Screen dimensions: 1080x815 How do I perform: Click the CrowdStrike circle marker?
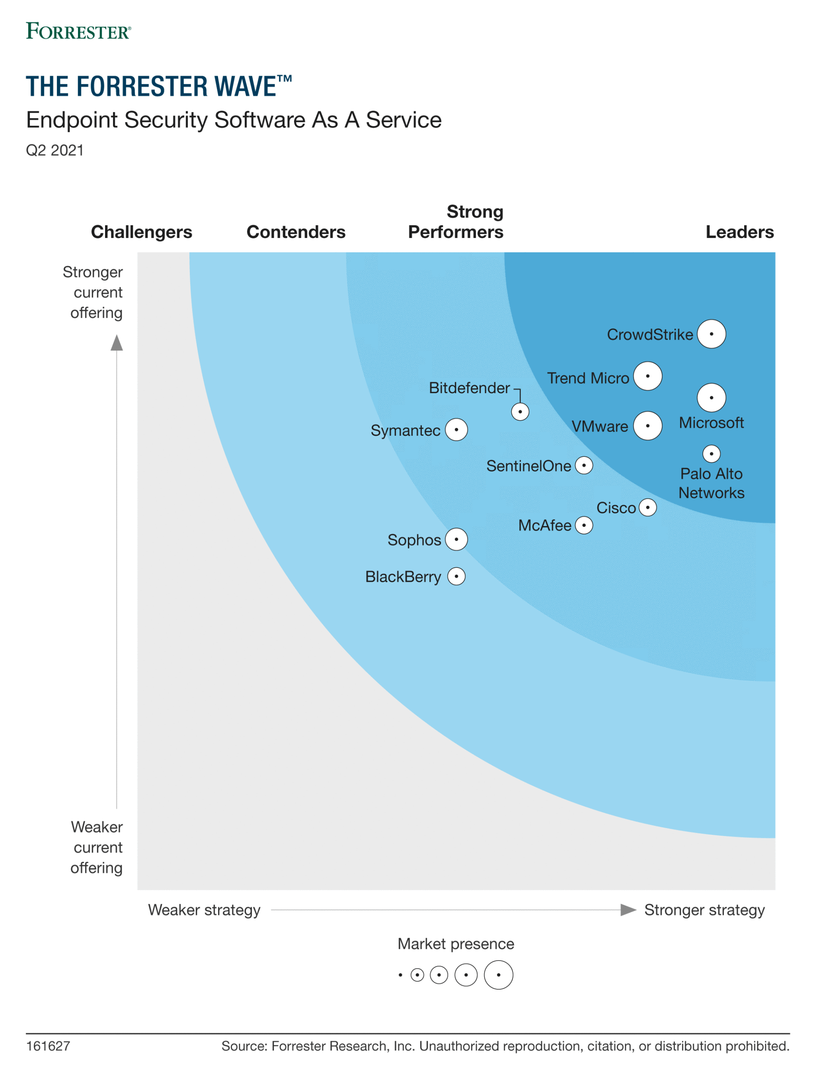pyautogui.click(x=711, y=334)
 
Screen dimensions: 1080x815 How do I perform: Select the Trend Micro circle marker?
pyautogui.click(x=648, y=376)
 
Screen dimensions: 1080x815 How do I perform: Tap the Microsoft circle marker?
pyautogui.click(x=711, y=397)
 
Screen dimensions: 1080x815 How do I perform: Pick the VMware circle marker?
pyautogui.click(x=648, y=426)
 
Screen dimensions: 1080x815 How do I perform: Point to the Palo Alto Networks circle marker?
pyautogui.click(x=711, y=454)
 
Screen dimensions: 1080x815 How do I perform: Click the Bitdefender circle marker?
pyautogui.click(x=520, y=412)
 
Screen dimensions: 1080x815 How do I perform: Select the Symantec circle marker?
pyautogui.click(x=456, y=429)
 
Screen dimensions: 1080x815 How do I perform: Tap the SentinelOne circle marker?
pyautogui.click(x=583, y=465)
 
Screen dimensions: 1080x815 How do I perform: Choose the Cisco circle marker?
pyautogui.click(x=648, y=507)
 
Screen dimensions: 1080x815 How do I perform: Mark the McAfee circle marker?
pyautogui.click(x=583, y=525)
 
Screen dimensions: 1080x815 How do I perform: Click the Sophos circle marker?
pyautogui.click(x=456, y=540)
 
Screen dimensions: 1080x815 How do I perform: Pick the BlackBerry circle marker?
pyautogui.click(x=456, y=576)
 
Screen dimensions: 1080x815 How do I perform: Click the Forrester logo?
pyautogui.click(x=78, y=31)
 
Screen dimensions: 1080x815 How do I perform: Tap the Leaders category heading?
pyautogui.click(x=739, y=232)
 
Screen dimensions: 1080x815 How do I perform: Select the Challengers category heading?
pyautogui.click(x=142, y=232)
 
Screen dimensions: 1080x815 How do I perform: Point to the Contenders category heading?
pyautogui.click(x=296, y=232)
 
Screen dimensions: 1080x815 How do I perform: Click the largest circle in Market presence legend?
pyautogui.click(x=498, y=975)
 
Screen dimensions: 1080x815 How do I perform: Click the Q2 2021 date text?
pyautogui.click(x=55, y=150)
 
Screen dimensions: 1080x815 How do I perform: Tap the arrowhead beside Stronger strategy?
pyautogui.click(x=627, y=910)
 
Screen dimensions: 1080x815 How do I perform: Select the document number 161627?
pyautogui.click(x=48, y=1046)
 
